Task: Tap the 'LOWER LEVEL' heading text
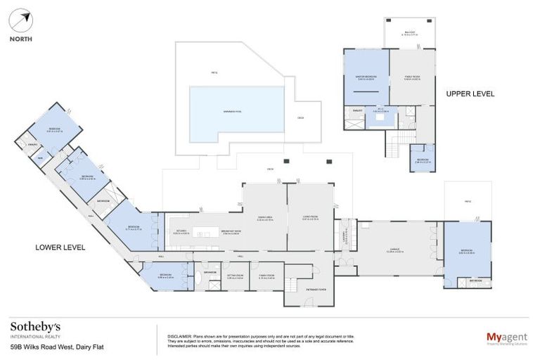60,247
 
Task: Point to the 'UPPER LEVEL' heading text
470,94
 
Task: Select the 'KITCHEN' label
182,231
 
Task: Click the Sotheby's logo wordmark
35,327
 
